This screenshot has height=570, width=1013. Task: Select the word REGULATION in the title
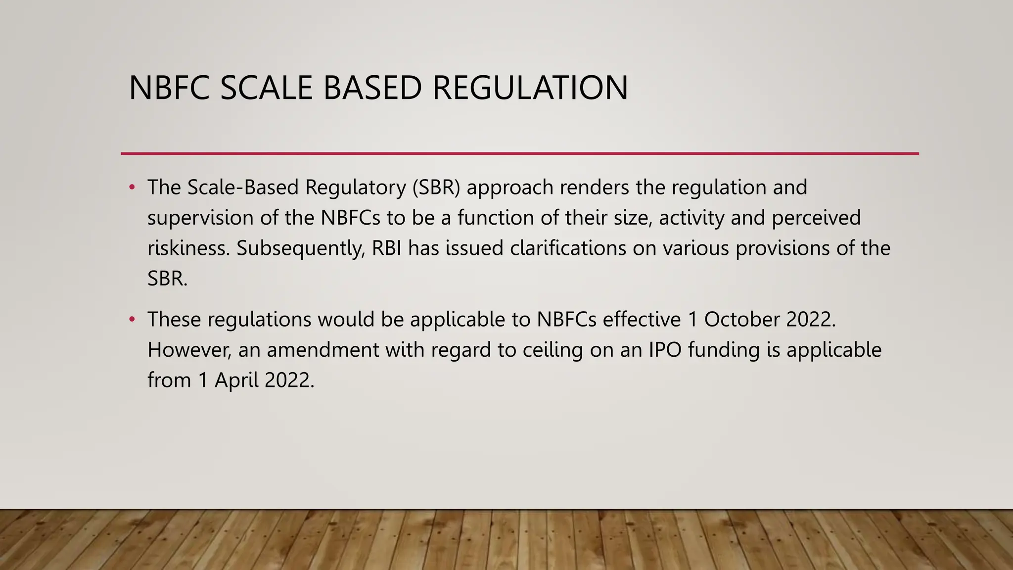click(x=530, y=88)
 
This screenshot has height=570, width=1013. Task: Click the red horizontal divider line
click(x=519, y=153)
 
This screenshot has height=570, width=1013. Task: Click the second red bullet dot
click(x=132, y=320)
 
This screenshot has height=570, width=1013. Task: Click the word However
click(x=189, y=350)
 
